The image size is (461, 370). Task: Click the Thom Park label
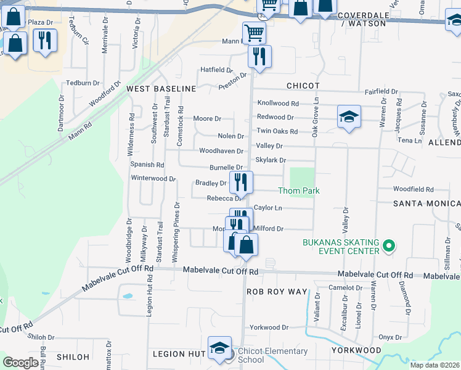click(x=299, y=191)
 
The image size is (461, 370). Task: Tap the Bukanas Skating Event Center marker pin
click(x=388, y=247)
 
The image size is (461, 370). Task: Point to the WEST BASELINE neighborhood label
click(x=161, y=89)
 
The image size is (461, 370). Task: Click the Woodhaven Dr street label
click(x=221, y=151)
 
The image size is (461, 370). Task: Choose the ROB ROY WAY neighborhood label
click(x=277, y=291)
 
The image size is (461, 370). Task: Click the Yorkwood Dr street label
click(x=269, y=327)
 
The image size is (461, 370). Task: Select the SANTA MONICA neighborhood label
click(x=427, y=203)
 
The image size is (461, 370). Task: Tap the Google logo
click(x=20, y=363)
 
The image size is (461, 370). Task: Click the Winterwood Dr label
click(x=153, y=179)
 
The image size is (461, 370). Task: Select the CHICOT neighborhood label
click(x=303, y=86)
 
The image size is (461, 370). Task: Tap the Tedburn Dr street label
click(x=83, y=83)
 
